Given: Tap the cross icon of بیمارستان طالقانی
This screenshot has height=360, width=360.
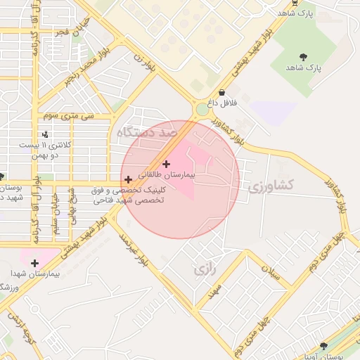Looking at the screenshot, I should pos(165,163).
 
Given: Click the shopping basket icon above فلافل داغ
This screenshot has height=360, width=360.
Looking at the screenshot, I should pos(221,92).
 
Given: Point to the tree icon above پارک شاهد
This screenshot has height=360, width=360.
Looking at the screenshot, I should pos(303,56).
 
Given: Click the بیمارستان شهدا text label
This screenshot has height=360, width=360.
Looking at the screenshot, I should pos(34,273).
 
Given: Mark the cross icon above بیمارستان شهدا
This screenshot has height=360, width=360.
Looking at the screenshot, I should pos(34,262).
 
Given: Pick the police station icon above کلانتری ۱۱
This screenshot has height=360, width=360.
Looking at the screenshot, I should pos(46,134).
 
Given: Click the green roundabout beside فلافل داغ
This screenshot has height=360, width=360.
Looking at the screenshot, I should pos(202,109).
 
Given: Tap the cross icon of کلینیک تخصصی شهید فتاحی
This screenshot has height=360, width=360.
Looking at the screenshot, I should pos(127,180).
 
